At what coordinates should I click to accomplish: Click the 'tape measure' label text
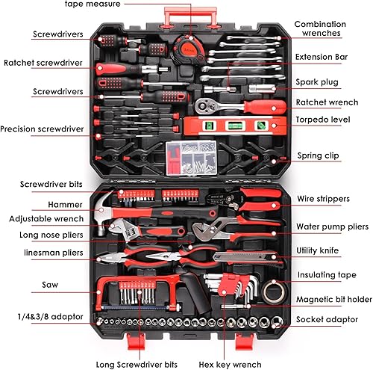93,4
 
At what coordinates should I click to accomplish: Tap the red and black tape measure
188,51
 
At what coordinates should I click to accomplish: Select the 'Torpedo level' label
323,120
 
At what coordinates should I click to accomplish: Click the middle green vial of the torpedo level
233,126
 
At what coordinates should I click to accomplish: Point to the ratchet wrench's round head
204,106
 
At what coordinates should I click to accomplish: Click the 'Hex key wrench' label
230,365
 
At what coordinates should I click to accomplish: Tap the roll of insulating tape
274,292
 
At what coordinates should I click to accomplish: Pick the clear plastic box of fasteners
191,158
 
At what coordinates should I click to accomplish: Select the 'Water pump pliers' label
332,226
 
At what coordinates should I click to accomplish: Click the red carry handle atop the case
190,16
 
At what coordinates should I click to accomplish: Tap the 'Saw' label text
50,285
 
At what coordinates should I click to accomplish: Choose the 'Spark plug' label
317,82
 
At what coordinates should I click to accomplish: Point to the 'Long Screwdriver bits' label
137,365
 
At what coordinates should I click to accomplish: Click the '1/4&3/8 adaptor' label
50,317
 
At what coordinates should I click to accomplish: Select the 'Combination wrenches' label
320,28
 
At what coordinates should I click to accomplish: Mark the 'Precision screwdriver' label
42,129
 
